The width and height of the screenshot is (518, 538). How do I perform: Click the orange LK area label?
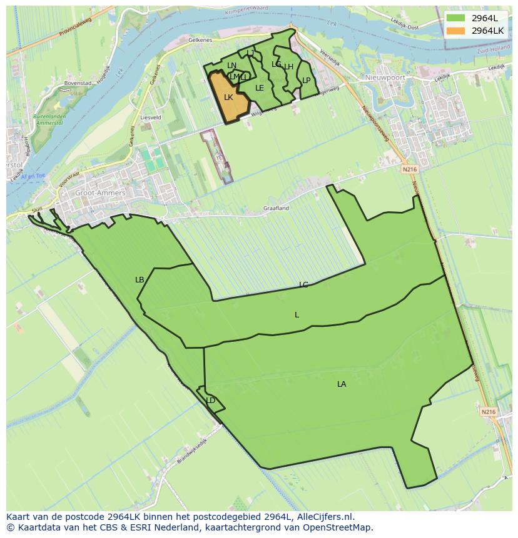pyautogui.click(x=228, y=97)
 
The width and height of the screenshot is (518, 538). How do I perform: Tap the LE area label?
pyautogui.click(x=260, y=88)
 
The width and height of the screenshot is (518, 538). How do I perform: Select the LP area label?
pyautogui.click(x=307, y=81)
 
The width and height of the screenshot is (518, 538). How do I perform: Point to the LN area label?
pyautogui.click(x=232, y=66)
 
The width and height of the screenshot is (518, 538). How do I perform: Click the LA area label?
pyautogui.click(x=342, y=384)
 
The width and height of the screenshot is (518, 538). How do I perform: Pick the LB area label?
pyautogui.click(x=140, y=280)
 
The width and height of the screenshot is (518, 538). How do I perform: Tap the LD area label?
pyautogui.click(x=211, y=401)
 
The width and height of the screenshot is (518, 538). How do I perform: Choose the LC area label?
pyautogui.click(x=303, y=285)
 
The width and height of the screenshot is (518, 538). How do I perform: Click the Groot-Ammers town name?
pyautogui.click(x=100, y=193)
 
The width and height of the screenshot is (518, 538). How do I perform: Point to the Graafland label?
pyautogui.click(x=276, y=208)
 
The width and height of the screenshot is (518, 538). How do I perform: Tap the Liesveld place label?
pyautogui.click(x=151, y=117)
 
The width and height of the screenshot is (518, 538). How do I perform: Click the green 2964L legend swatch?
pyautogui.click(x=455, y=18)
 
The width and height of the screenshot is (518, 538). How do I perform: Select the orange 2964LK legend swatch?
pyautogui.click(x=455, y=30)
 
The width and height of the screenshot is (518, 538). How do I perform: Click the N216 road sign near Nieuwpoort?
pyautogui.click(x=409, y=169)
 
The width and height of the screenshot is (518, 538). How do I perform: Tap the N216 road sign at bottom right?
pyautogui.click(x=488, y=412)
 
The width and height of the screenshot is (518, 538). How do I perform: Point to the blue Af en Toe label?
pyautogui.click(x=33, y=176)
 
